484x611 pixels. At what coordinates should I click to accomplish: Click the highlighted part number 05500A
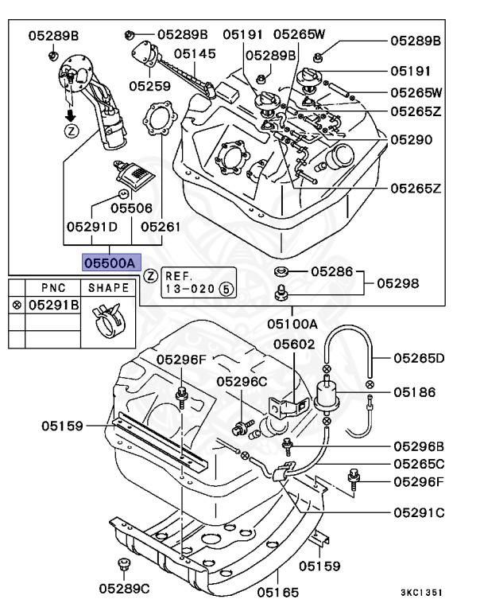click(x=111, y=261)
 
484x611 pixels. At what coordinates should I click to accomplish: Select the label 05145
click(x=195, y=53)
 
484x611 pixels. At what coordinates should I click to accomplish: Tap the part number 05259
click(x=150, y=84)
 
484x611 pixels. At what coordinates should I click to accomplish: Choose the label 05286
click(x=332, y=271)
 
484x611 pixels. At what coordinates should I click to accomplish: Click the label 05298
click(x=398, y=282)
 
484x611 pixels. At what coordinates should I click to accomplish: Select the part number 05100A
click(x=292, y=324)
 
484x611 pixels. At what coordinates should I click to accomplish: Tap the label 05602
click(x=294, y=344)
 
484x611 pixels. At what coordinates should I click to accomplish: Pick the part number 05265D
click(x=418, y=357)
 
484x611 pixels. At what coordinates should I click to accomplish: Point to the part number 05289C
click(x=125, y=589)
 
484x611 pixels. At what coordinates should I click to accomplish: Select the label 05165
click(x=277, y=591)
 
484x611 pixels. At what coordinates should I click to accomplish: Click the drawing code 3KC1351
click(x=421, y=593)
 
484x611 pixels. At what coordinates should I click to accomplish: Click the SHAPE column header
click(x=107, y=287)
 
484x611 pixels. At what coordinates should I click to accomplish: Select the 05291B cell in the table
click(x=53, y=304)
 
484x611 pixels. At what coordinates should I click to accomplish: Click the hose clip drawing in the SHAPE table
click(x=107, y=321)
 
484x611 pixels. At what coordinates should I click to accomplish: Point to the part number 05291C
click(x=418, y=512)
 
